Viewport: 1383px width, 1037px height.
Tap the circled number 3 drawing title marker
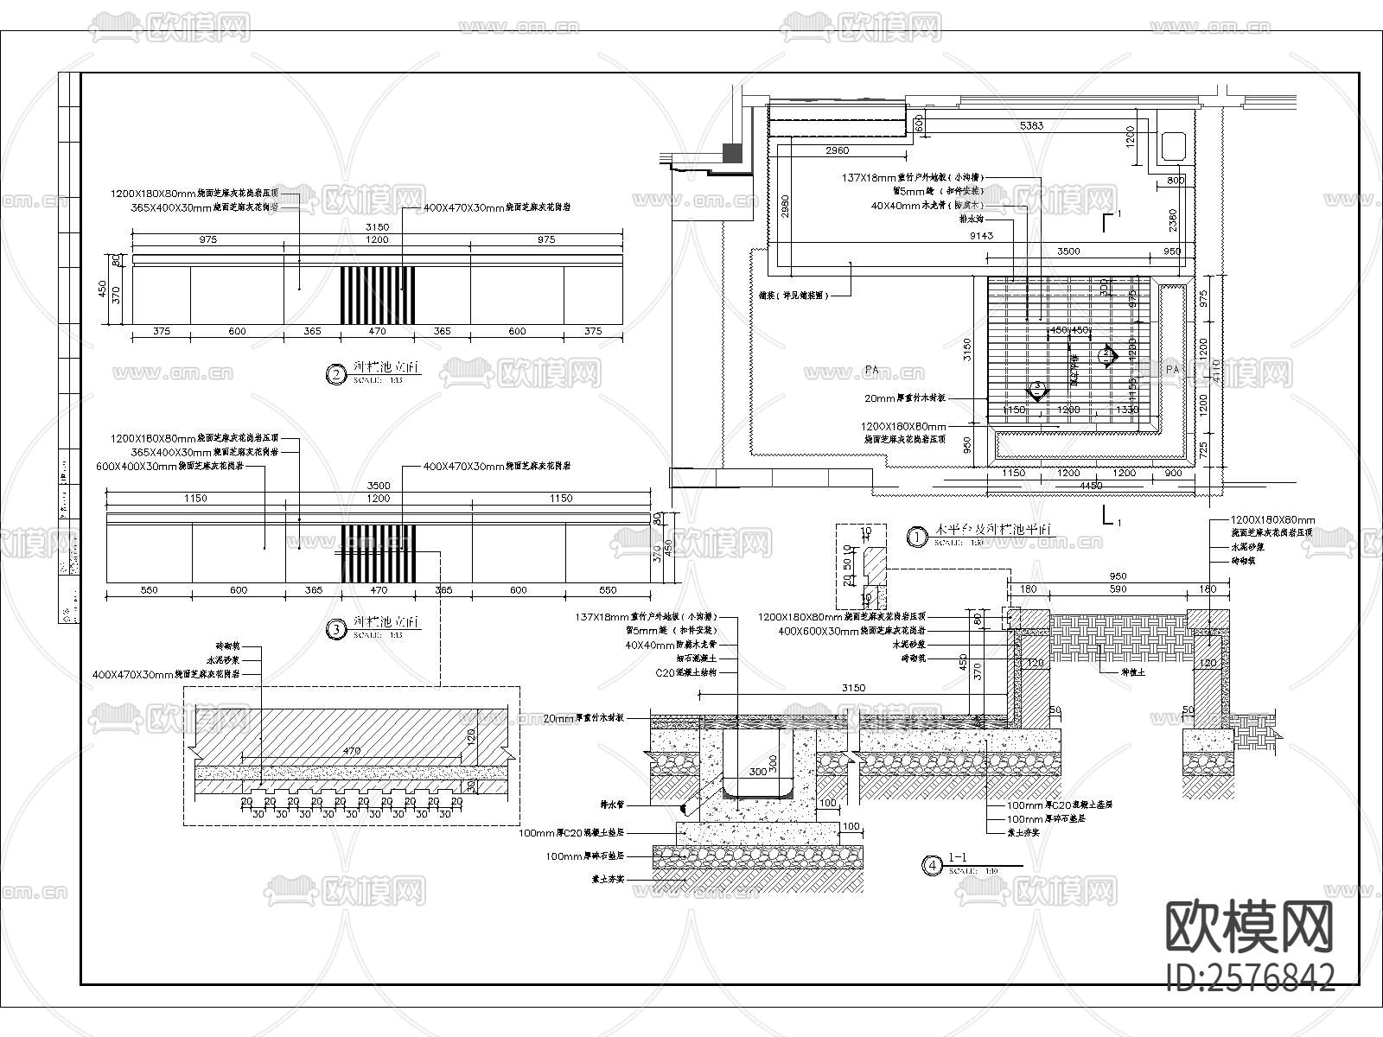tap(335, 629)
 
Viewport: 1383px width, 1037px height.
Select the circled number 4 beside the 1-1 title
tap(931, 865)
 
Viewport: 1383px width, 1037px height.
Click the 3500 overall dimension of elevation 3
tap(378, 486)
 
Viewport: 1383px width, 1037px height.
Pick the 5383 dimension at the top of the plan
tap(1031, 126)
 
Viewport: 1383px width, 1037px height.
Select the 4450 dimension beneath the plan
tap(1091, 486)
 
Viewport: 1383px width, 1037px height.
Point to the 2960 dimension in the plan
tap(837, 151)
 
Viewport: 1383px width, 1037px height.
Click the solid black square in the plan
tap(732, 154)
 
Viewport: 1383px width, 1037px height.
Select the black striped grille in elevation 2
tap(378, 296)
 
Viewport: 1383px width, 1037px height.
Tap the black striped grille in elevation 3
tap(378, 553)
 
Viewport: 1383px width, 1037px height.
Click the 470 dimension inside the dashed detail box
tap(351, 752)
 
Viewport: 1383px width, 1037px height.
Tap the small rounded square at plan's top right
tap(1174, 145)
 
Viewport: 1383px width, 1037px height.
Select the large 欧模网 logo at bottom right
tap(1251, 927)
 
